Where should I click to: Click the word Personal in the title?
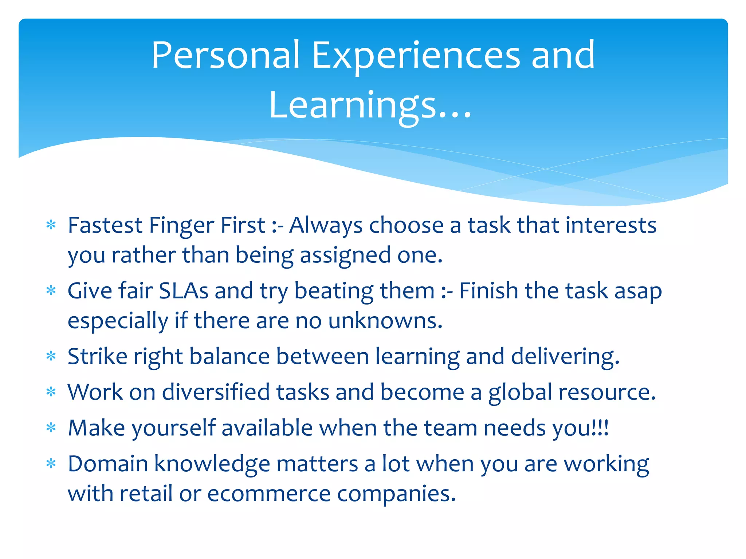click(225, 55)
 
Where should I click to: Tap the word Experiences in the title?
click(416, 55)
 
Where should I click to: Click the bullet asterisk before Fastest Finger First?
click(51, 225)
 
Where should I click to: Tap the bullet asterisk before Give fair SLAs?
click(51, 291)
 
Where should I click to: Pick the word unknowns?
click(385, 321)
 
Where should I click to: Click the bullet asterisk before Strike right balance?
click(51, 356)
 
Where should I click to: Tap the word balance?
click(229, 356)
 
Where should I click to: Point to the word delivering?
click(565, 356)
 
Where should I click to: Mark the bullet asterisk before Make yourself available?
click(51, 428)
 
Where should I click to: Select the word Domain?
click(108, 464)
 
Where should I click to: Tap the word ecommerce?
click(268, 494)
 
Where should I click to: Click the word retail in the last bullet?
click(146, 494)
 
